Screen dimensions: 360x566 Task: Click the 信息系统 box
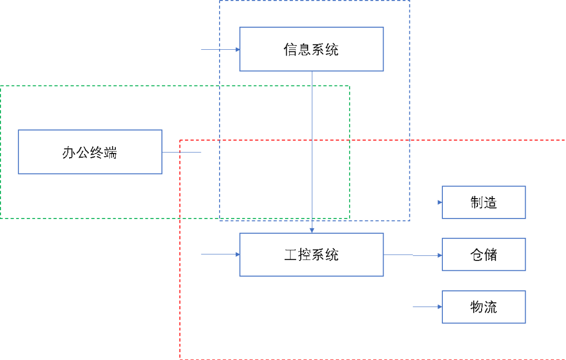click(311, 49)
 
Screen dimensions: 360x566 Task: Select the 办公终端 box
click(90, 152)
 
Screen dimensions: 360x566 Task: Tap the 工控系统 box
click(311, 255)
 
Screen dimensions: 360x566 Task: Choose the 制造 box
click(483, 202)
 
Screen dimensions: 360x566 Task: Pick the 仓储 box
click(483, 255)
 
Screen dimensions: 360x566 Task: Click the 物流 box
click(483, 307)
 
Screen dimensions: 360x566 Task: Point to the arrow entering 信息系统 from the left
click(220, 50)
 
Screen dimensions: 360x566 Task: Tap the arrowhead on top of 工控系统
click(312, 230)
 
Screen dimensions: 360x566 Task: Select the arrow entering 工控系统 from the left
click(220, 254)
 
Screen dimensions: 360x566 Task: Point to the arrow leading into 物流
click(427, 307)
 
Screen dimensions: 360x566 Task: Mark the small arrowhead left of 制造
click(440, 202)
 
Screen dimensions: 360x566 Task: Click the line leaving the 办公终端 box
click(181, 152)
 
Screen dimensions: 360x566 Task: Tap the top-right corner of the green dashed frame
click(350, 86)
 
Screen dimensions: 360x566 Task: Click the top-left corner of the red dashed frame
click(180, 140)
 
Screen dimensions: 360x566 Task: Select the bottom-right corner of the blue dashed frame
click(409, 220)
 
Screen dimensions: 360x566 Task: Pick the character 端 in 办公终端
click(111, 152)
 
